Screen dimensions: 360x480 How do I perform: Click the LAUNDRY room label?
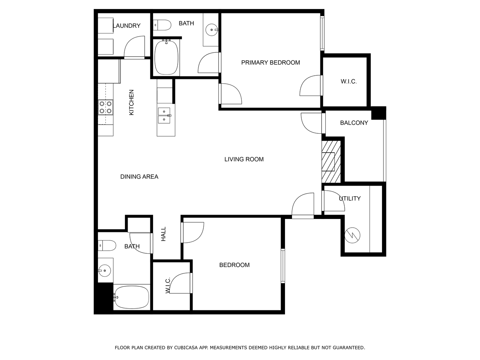127,26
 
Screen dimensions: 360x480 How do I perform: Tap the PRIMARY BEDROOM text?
270,63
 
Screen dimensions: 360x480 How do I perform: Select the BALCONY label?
354,123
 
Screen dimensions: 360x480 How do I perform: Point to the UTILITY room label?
350,198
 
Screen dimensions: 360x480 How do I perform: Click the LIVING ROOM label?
244,159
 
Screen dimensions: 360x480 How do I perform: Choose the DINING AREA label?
139,177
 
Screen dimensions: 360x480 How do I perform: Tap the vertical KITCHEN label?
131,102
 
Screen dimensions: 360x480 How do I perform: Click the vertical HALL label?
163,234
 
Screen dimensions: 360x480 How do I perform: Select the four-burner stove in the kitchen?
105,107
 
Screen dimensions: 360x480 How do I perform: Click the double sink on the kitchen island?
164,115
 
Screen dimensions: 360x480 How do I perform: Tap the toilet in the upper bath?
162,25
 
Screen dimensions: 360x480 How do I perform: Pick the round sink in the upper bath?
212,30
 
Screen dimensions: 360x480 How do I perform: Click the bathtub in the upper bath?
166,57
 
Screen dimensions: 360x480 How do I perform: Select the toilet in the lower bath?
107,246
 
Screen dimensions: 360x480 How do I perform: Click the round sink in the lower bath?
105,270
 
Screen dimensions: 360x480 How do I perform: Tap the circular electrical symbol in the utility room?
352,235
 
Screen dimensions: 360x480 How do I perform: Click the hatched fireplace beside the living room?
331,162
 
